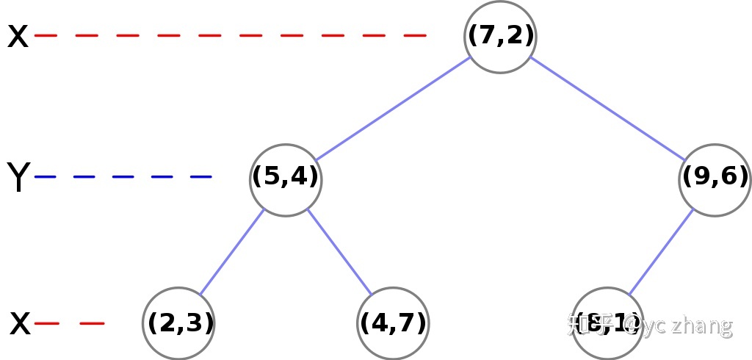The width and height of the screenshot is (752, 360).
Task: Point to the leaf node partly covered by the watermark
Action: [x=607, y=323]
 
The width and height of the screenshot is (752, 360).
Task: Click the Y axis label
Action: [x=18, y=178]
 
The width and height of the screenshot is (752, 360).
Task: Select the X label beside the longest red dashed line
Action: [x=18, y=36]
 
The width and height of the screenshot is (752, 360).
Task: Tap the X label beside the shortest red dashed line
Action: [x=21, y=323]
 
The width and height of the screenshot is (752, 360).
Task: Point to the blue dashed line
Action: [x=123, y=177]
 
